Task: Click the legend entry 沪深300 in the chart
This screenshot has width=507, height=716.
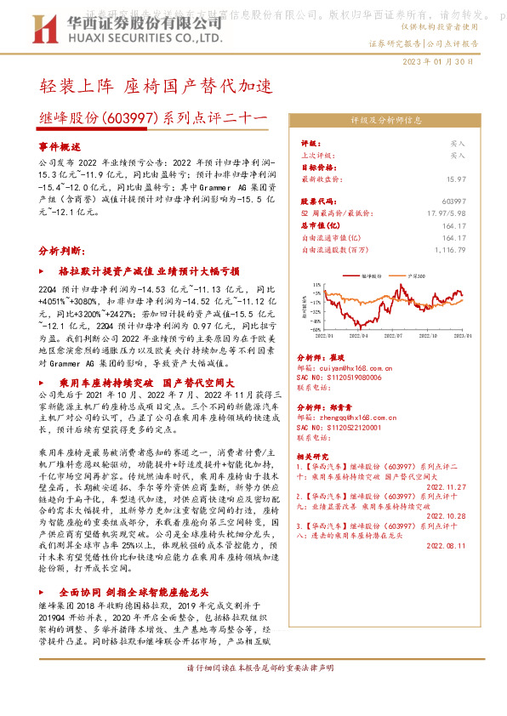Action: [418, 276]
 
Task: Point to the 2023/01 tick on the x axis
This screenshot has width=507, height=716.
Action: [464, 337]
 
